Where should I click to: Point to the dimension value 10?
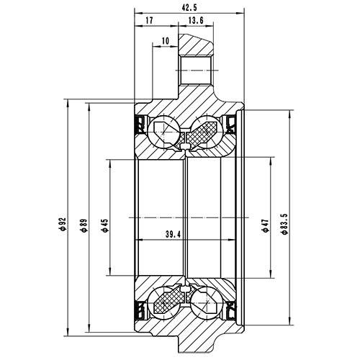pyautogui.click(x=166, y=41)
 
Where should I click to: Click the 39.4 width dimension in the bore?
pyautogui.click(x=173, y=234)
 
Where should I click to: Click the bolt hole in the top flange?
pyautogui.click(x=194, y=71)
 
